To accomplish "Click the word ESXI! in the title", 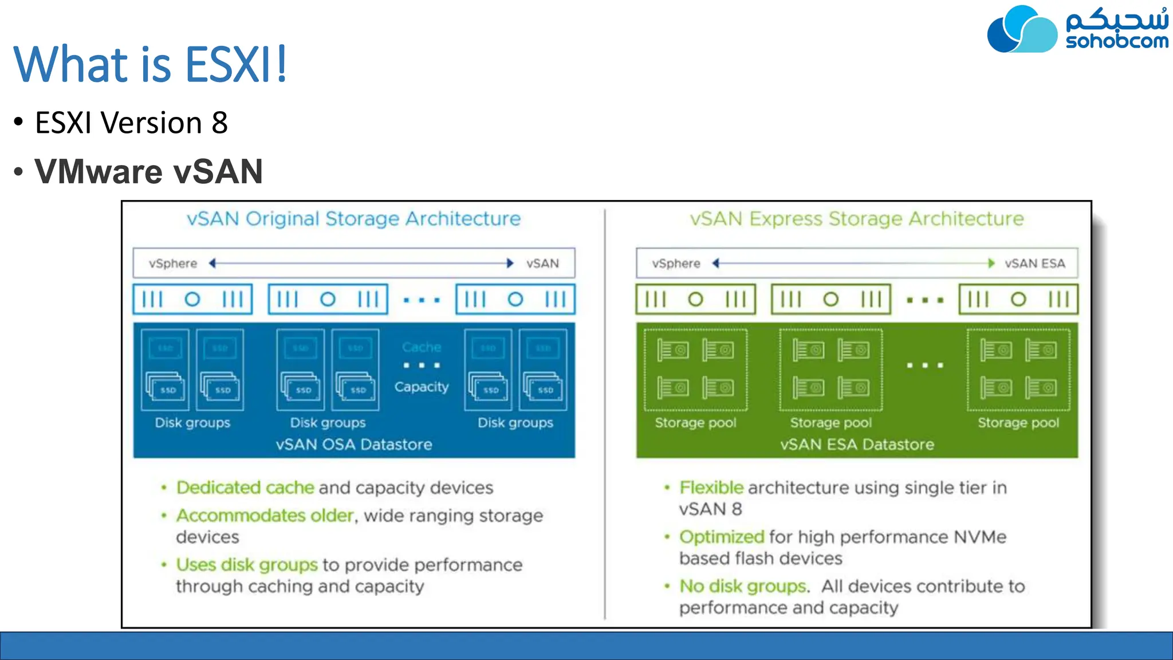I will point(235,64).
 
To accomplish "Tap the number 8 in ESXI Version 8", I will point(219,123).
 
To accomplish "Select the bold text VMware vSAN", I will point(148,171).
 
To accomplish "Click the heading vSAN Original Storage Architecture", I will point(353,219).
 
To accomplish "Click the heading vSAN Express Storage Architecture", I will point(856,219).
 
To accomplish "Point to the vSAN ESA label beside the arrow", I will point(1034,264).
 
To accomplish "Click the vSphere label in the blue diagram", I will point(172,264).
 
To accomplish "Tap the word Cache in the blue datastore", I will point(422,347).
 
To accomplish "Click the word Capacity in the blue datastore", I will point(422,387).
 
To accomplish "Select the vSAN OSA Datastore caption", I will point(353,445).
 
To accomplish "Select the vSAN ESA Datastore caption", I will point(857,445).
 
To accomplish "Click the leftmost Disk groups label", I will point(192,423).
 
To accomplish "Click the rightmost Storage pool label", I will point(1018,423).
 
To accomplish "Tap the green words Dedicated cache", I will point(245,488).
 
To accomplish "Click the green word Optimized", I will point(722,537).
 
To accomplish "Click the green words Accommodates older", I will point(265,516).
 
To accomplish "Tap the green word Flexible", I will point(711,488).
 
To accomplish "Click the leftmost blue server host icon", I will point(192,299).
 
